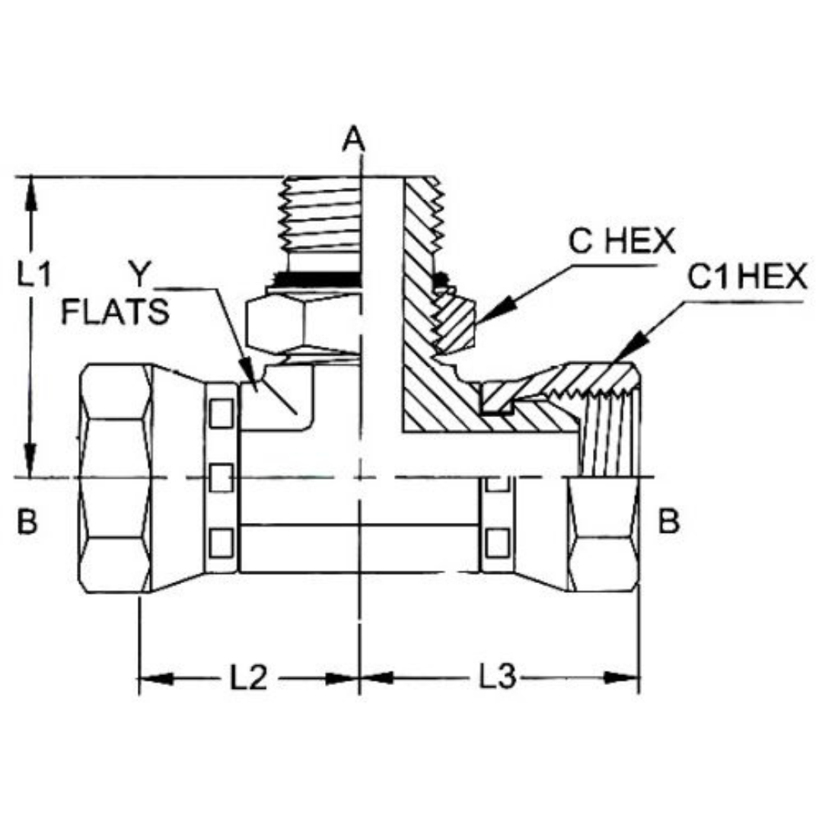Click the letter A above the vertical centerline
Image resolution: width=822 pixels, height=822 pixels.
[353, 139]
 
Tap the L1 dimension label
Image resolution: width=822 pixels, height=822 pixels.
[34, 274]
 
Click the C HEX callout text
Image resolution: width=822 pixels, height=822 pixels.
[622, 241]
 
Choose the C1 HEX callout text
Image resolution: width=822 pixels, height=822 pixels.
[747, 277]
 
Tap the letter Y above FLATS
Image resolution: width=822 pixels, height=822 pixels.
[139, 274]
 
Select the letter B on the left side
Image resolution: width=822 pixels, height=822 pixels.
[27, 521]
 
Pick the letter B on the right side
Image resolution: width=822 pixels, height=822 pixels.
[668, 521]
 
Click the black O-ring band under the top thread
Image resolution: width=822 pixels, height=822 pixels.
[320, 279]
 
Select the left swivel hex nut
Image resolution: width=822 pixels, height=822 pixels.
[116, 478]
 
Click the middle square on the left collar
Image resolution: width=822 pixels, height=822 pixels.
[221, 478]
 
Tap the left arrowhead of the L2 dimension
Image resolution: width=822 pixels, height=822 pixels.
[139, 678]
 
